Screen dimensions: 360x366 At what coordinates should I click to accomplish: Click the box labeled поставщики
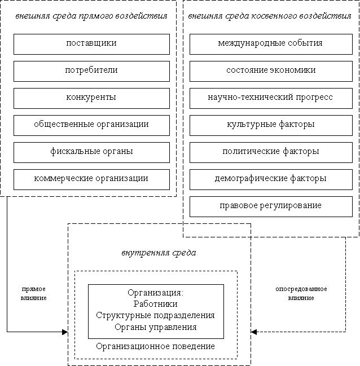(x=91, y=44)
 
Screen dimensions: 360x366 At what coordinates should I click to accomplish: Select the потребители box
(x=91, y=71)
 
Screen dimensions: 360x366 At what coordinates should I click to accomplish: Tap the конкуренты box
(x=91, y=98)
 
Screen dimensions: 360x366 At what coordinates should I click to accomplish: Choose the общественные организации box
(x=91, y=125)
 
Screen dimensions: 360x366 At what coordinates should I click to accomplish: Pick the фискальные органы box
(x=91, y=152)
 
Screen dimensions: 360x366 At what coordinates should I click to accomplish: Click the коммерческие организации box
(x=91, y=179)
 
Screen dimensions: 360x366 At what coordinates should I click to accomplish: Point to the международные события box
(x=271, y=44)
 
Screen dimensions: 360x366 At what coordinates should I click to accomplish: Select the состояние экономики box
(x=271, y=71)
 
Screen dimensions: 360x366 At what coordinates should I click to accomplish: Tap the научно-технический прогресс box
(x=271, y=98)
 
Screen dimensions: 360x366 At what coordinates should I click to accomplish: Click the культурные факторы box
(x=271, y=125)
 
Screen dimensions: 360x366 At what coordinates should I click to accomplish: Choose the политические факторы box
(x=271, y=152)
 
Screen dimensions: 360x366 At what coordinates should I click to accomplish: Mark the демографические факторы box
(x=271, y=179)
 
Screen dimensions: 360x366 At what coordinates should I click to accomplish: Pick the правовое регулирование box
(x=271, y=206)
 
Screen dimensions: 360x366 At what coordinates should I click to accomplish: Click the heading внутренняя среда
(x=159, y=253)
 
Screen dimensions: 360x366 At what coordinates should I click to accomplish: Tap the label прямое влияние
(x=34, y=293)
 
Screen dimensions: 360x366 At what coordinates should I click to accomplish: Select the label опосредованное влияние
(x=301, y=293)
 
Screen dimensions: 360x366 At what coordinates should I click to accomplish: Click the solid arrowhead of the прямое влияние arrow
(x=65, y=332)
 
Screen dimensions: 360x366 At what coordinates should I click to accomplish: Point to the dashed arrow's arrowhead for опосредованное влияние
(x=254, y=332)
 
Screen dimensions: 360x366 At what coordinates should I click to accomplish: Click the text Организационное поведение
(x=155, y=346)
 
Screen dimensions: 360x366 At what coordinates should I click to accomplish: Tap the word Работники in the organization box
(x=155, y=304)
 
